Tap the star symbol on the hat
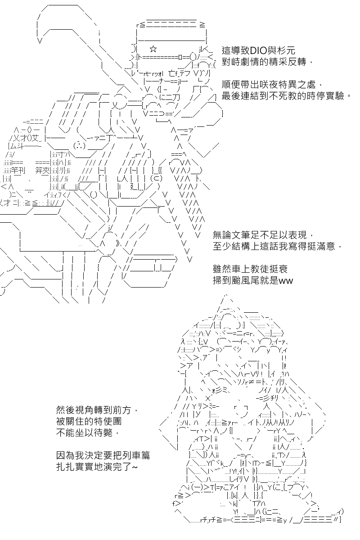(x=153, y=49)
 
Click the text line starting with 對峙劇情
(x=267, y=62)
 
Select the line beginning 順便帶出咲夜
(x=272, y=85)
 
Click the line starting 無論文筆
(x=263, y=234)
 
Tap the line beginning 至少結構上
(x=277, y=246)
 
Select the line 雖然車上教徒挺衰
(x=250, y=269)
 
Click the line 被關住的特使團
(x=89, y=421)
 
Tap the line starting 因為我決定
(x=103, y=455)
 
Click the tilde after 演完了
(x=135, y=467)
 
